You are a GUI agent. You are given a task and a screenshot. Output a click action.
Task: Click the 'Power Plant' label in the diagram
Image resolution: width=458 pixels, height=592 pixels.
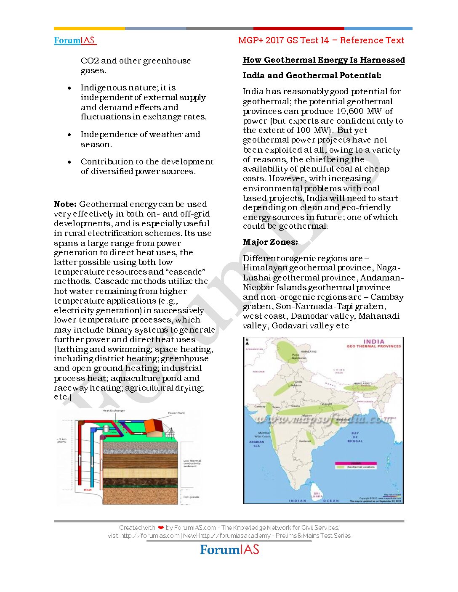[x=176, y=413]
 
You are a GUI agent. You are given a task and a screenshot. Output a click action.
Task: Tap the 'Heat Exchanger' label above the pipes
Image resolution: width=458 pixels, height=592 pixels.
[x=114, y=410]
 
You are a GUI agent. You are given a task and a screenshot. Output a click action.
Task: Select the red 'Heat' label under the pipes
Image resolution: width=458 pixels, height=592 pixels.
[x=88, y=490]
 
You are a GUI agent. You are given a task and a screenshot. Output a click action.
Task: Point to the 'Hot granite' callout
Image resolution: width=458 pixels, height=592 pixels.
[x=192, y=497]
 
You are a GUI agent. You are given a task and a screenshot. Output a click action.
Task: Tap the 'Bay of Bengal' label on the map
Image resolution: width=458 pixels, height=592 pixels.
[x=355, y=437]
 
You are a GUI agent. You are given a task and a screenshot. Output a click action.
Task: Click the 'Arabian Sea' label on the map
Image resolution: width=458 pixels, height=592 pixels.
[x=257, y=444]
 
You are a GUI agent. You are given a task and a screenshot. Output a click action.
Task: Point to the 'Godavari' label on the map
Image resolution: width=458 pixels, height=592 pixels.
[x=305, y=441]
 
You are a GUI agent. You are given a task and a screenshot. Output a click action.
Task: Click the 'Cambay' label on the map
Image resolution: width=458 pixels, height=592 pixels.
[x=260, y=407]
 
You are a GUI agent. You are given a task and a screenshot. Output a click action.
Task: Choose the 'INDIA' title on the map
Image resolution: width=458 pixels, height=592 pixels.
[x=373, y=341]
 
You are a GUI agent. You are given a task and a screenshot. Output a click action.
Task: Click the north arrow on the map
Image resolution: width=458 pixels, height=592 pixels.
[x=247, y=341]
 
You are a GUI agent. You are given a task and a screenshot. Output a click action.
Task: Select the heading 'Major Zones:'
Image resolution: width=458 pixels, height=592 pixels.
[x=270, y=242]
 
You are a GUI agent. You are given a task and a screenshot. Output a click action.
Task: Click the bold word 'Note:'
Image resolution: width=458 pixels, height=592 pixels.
[x=65, y=204]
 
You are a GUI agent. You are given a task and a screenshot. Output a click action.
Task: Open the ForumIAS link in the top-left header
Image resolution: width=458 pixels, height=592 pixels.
[x=75, y=40]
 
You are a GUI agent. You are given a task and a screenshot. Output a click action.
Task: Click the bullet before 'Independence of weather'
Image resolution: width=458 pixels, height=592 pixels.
[x=69, y=135]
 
